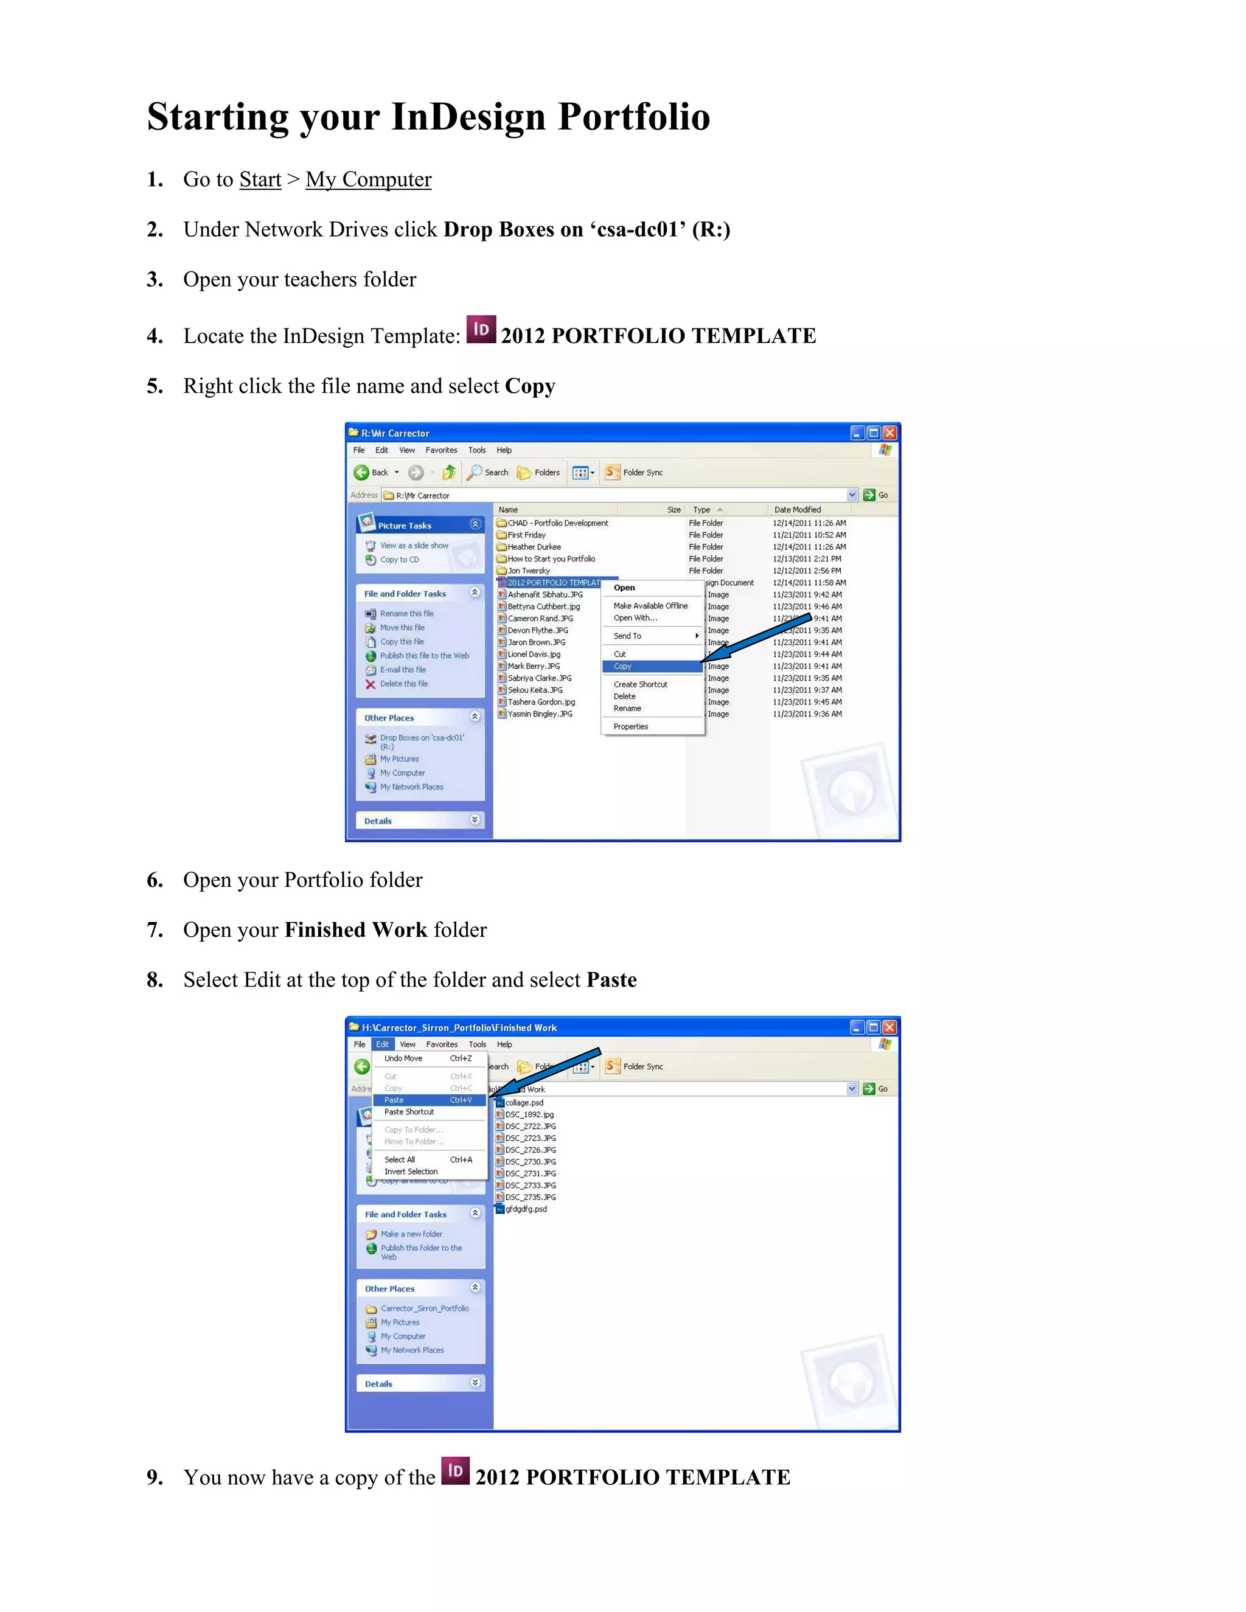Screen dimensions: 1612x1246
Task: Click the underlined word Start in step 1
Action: [260, 179]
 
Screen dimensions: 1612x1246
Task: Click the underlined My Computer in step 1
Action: [367, 179]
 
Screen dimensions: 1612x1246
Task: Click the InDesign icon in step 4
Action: [481, 329]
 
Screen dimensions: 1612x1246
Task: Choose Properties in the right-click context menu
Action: [630, 727]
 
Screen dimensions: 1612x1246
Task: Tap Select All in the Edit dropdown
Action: [399, 1159]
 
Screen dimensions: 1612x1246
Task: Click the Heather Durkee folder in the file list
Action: [534, 547]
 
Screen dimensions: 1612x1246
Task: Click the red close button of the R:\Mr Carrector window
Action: [889, 433]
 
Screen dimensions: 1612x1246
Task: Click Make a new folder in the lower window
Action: [411, 1234]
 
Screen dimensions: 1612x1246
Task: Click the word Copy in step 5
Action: [529, 386]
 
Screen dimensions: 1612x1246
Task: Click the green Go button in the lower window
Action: [875, 1089]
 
